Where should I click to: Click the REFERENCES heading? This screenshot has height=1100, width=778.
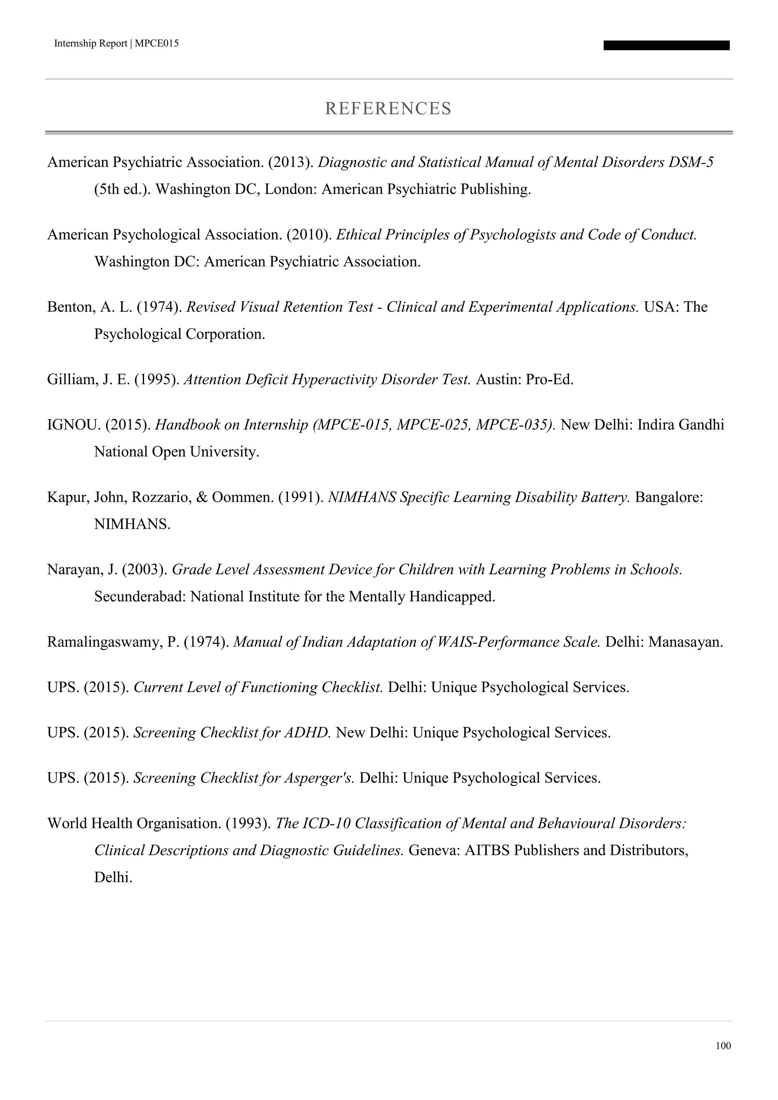click(x=388, y=109)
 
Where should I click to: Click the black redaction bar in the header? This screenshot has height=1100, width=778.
click(x=666, y=46)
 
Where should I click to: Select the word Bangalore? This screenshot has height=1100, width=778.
click(x=669, y=497)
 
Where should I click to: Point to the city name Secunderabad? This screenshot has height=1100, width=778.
click(x=140, y=596)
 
